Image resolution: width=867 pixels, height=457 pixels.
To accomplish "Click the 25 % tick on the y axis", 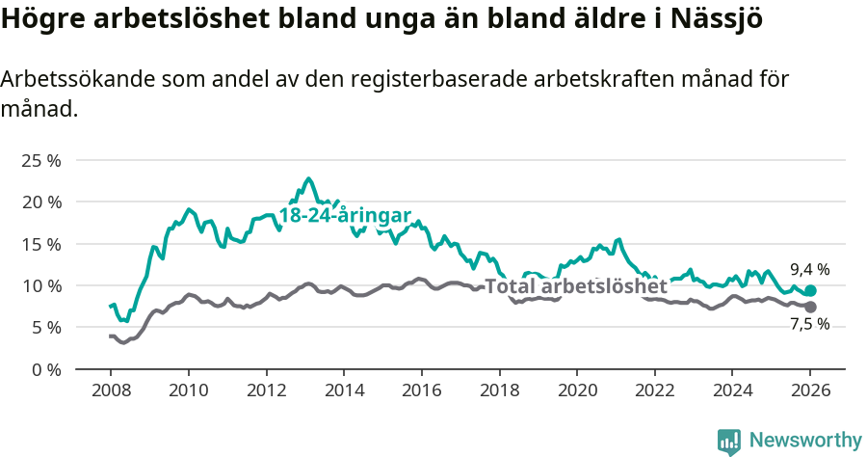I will point(41,160).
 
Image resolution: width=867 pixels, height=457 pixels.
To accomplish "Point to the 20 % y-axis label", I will point(41,202).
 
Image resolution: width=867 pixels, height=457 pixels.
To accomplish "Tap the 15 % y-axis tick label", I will point(41,244).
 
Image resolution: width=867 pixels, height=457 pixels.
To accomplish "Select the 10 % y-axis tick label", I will point(41,286).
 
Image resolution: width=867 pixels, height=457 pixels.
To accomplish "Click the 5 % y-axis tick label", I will point(45,328).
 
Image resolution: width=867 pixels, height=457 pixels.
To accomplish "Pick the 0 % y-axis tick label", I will point(45,369).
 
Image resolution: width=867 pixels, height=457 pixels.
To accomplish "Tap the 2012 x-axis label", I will point(266,392).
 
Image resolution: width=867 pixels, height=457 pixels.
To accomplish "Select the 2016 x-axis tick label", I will point(421,392).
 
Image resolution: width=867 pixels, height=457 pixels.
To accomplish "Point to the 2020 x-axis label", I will point(576,392).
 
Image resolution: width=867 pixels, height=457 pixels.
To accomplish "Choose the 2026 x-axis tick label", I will point(809,392).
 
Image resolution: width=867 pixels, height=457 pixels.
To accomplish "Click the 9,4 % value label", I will point(809,270).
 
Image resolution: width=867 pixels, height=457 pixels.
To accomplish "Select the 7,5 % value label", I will point(809,324).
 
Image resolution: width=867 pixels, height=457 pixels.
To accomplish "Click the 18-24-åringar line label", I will point(345,215).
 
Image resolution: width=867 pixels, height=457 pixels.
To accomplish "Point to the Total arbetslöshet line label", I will point(575,286).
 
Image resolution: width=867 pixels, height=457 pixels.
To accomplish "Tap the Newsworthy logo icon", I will point(729,442).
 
